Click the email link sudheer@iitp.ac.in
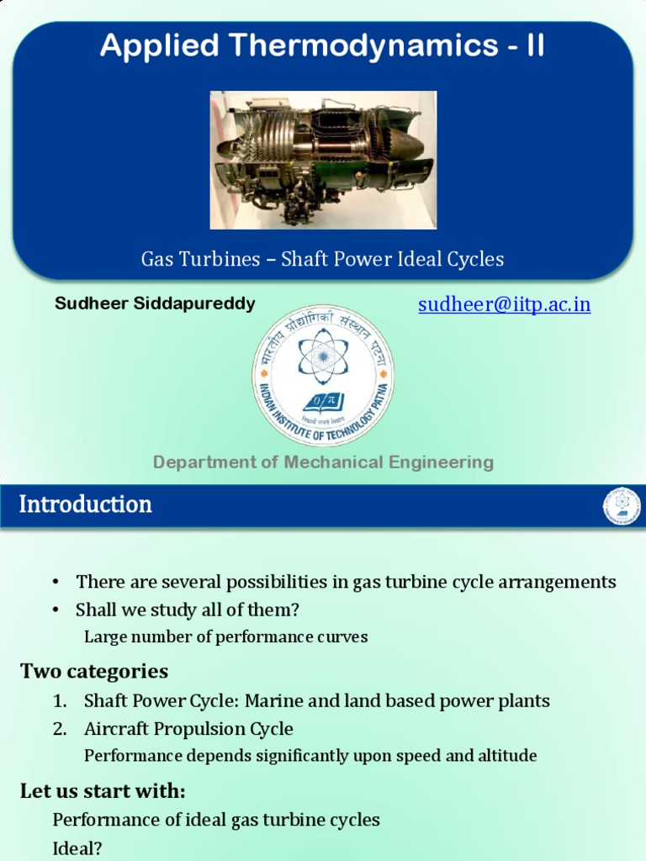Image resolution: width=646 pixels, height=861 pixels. pyautogui.click(x=504, y=304)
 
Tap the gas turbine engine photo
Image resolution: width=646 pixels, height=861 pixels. pyautogui.click(x=323, y=160)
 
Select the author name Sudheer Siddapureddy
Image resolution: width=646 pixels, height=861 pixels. pyautogui.click(x=155, y=304)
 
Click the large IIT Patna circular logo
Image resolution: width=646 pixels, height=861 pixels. pyautogui.click(x=323, y=375)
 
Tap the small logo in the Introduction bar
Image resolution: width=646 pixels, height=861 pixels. pyautogui.click(x=622, y=506)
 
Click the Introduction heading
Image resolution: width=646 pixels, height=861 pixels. pyautogui.click(x=86, y=504)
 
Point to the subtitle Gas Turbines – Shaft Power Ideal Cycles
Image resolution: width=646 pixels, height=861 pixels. pyautogui.click(x=322, y=259)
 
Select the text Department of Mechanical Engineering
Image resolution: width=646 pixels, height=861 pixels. pyautogui.click(x=323, y=462)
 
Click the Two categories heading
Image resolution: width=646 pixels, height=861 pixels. pyautogui.click(x=94, y=671)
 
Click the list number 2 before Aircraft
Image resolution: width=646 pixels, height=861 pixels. pyautogui.click(x=59, y=728)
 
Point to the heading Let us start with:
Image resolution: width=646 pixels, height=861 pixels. pyautogui.click(x=103, y=791)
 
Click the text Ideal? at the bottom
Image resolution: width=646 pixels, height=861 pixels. pyautogui.click(x=77, y=849)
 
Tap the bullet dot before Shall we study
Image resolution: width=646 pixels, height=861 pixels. pyautogui.click(x=56, y=610)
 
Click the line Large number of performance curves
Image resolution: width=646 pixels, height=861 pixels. pyautogui.click(x=225, y=637)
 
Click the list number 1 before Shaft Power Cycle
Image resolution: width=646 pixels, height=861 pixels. pyautogui.click(x=59, y=700)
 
